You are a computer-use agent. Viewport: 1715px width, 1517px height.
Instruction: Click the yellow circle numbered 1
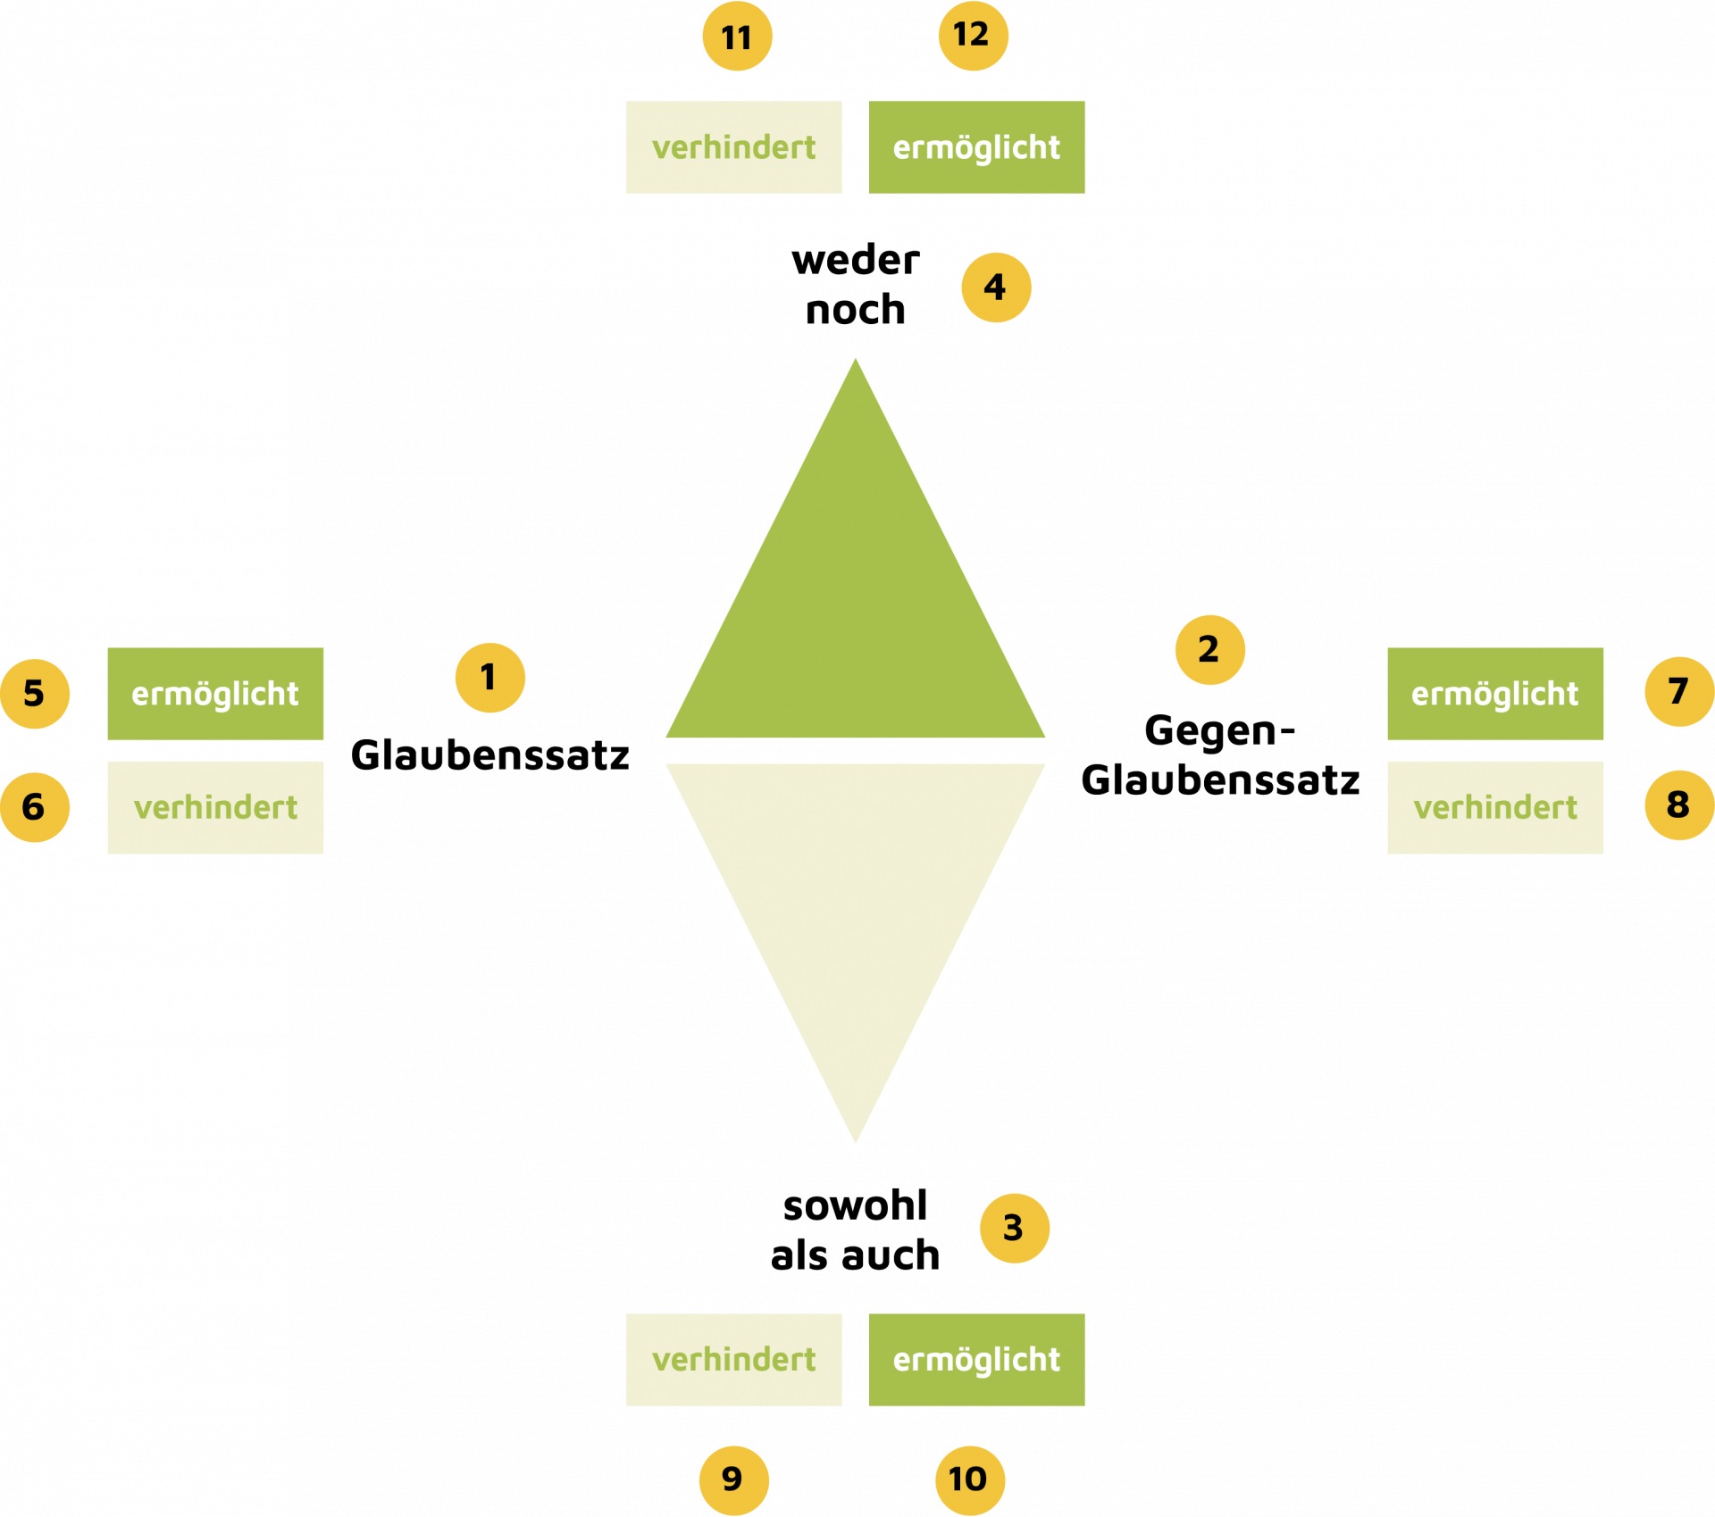tap(489, 678)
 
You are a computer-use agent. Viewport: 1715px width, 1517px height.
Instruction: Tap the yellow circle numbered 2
tap(1209, 650)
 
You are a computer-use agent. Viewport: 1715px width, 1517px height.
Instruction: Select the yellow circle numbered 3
tap(1014, 1228)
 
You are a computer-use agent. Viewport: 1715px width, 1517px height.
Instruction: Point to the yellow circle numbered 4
tap(996, 288)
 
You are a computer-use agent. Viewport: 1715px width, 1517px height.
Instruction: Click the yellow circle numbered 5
tap(34, 694)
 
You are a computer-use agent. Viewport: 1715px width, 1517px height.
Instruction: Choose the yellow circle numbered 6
tap(34, 807)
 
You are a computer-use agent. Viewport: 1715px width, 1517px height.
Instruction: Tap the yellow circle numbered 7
tap(1679, 692)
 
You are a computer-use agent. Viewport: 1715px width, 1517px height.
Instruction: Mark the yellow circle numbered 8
tap(1679, 805)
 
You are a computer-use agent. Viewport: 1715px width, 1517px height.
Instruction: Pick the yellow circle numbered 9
tap(733, 1479)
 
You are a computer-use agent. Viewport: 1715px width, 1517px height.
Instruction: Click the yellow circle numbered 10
tap(969, 1479)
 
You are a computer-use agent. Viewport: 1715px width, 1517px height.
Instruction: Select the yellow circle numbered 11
tap(737, 38)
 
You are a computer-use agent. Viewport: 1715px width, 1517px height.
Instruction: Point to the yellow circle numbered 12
tap(973, 36)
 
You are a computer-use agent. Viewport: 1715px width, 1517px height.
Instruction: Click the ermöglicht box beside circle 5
tap(215, 694)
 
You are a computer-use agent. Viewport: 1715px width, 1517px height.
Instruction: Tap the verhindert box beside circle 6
tap(215, 807)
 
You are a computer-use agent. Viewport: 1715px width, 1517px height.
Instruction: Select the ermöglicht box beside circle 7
tap(1495, 694)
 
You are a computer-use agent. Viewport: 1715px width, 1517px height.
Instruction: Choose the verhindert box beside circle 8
tap(1495, 807)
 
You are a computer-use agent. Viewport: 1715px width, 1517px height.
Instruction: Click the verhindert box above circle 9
tap(734, 1359)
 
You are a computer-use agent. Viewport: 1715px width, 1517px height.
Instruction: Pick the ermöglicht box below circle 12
tap(976, 146)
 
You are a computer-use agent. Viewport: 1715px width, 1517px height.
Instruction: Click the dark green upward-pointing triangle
tap(856, 607)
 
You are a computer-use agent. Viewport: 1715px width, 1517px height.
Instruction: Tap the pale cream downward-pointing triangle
tap(856, 893)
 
